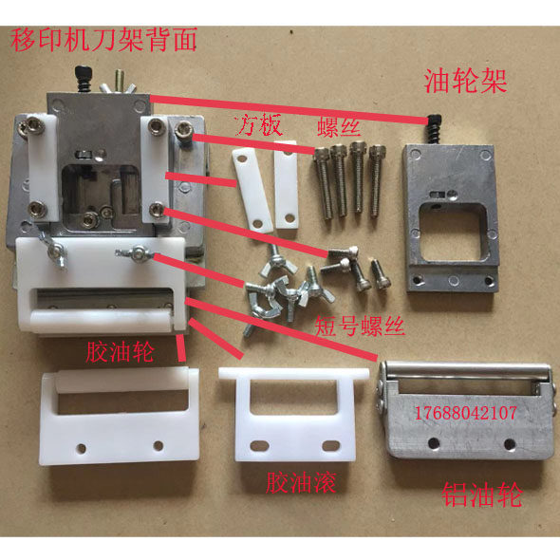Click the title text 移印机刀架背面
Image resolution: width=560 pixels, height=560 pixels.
103,41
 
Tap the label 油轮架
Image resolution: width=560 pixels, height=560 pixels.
465,81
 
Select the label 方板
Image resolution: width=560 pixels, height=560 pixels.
260,125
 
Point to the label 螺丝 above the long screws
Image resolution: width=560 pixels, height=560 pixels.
339,127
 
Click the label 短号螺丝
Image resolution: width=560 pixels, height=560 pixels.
360,326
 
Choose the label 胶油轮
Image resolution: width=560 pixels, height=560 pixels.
120,352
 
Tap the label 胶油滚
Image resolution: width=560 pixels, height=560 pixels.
301,483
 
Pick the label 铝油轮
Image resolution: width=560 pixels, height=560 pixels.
482,495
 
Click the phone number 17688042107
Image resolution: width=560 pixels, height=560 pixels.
465,413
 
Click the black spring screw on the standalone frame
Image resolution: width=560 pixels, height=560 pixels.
434,128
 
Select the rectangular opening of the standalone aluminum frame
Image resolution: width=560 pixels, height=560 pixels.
453,231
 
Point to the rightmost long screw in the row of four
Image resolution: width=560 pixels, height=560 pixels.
376,181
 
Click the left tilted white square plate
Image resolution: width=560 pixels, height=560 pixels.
252,191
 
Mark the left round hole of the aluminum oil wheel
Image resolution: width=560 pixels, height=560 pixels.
434,443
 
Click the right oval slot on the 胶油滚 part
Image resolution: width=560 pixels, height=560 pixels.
331,445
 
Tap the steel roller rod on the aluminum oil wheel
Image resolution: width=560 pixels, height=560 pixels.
466,370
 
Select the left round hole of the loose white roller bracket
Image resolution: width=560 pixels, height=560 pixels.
82,448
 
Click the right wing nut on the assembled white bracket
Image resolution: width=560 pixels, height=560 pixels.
137,253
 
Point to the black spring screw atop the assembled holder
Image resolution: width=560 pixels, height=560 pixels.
84,79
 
